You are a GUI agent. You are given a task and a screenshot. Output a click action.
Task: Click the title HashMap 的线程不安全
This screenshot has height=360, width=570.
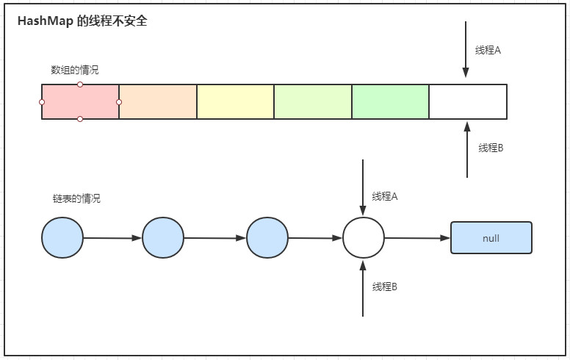tap(82, 22)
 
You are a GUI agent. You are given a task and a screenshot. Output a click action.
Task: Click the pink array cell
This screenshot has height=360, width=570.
tap(80, 101)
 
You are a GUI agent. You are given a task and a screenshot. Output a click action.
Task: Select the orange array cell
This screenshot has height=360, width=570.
tap(158, 101)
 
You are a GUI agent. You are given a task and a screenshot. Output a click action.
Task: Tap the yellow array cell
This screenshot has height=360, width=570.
tap(235, 101)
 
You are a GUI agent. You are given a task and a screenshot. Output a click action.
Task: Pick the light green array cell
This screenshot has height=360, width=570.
tap(313, 101)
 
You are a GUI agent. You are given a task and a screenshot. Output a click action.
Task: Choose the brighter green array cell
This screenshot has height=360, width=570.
tap(390, 101)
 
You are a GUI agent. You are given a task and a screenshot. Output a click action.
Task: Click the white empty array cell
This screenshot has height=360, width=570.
tap(468, 101)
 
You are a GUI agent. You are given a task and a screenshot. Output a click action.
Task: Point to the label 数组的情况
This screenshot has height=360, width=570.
tap(74, 71)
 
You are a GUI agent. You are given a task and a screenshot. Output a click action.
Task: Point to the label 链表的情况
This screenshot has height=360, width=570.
tap(76, 199)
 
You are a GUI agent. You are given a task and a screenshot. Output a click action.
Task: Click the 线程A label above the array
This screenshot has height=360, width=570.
tap(488, 51)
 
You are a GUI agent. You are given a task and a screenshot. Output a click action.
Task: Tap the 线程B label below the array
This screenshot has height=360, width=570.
tap(491, 148)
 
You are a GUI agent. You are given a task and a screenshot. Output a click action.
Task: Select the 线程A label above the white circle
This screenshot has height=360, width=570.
tap(385, 197)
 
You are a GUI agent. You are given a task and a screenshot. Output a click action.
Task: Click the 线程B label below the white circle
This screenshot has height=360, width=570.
tap(385, 287)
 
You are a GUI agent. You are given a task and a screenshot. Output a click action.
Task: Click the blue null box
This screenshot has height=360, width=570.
tap(491, 238)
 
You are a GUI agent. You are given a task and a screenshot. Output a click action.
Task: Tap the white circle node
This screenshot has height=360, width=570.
tap(364, 238)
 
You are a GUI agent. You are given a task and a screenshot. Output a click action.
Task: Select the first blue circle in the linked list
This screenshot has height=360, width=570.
tap(63, 238)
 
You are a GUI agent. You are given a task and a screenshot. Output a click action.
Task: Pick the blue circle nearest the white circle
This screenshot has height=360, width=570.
tap(267, 238)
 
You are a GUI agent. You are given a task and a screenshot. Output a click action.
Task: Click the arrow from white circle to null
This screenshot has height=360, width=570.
tap(416, 238)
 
